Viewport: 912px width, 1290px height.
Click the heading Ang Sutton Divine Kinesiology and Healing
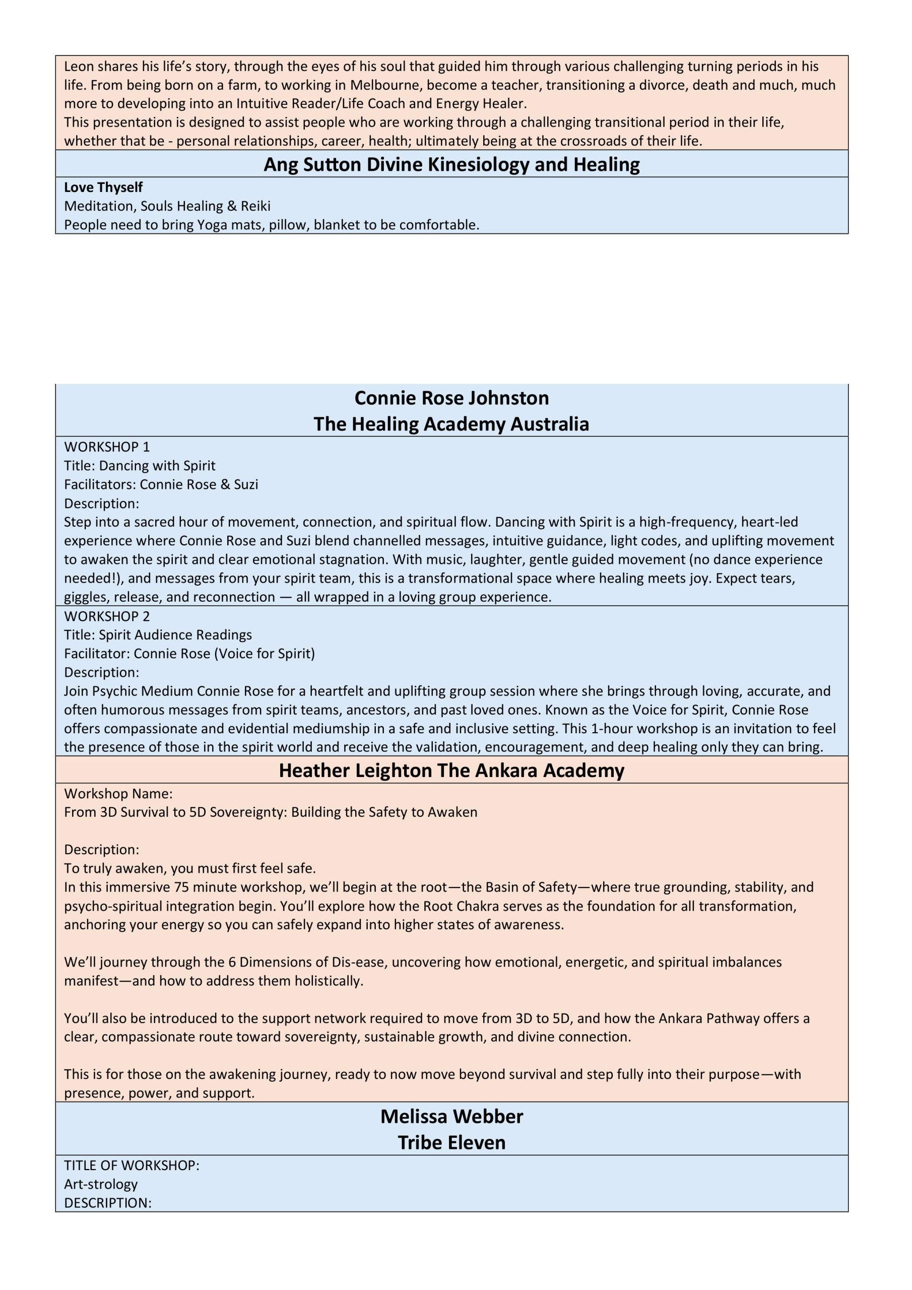click(451, 164)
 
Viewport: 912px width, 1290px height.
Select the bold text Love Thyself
click(103, 187)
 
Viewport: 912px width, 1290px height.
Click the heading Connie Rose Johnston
click(451, 398)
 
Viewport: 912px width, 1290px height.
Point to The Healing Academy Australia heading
click(451, 424)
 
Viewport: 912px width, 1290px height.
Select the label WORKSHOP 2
click(107, 616)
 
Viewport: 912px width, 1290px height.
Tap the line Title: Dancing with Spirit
click(140, 465)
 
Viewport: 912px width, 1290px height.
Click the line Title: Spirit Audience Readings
click(158, 634)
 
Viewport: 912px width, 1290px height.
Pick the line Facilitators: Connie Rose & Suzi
click(161, 484)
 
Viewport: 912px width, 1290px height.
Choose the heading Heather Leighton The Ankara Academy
click(451, 770)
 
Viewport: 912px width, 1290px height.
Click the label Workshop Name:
click(118, 793)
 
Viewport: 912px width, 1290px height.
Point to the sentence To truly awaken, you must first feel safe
click(190, 868)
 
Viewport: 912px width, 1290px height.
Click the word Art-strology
click(101, 1184)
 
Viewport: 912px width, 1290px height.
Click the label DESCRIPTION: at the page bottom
click(108, 1202)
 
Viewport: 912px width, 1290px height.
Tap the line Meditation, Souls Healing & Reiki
click(167, 206)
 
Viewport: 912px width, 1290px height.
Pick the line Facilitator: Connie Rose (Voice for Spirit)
click(189, 653)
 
